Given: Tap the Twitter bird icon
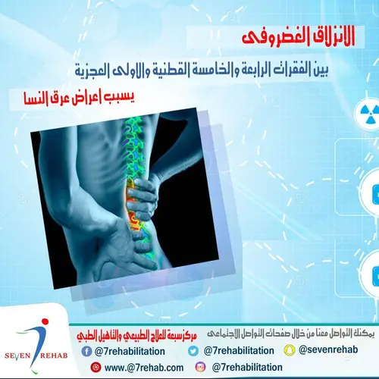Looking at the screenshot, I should (194, 351).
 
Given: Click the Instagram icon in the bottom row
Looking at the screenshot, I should (202, 367).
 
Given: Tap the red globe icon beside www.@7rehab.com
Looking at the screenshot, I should (95, 367).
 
